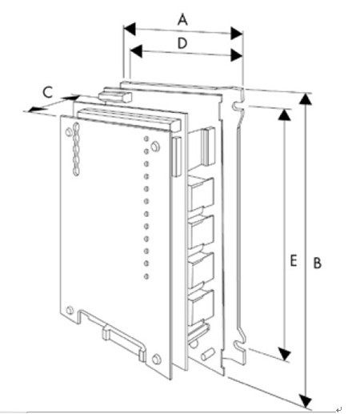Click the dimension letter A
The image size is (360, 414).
[182, 20]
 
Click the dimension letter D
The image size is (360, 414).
[182, 43]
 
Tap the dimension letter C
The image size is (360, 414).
[48, 92]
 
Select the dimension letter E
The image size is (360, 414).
[294, 261]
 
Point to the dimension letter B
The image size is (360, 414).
[318, 263]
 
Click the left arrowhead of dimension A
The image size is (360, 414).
[130, 29]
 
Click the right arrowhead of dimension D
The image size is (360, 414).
[237, 55]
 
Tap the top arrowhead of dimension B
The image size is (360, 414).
[306, 98]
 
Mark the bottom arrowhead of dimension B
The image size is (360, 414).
[306, 400]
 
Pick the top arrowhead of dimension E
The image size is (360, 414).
[285, 115]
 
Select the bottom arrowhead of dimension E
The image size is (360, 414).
[285, 354]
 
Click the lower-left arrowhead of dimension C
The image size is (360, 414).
[35, 109]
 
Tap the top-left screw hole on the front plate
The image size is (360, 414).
[69, 132]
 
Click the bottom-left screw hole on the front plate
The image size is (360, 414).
[70, 310]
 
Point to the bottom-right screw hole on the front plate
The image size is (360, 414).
[157, 359]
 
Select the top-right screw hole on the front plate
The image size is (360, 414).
[155, 147]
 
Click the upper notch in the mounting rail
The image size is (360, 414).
[237, 106]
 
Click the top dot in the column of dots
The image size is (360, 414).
[146, 139]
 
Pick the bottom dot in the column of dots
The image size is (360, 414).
[146, 276]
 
